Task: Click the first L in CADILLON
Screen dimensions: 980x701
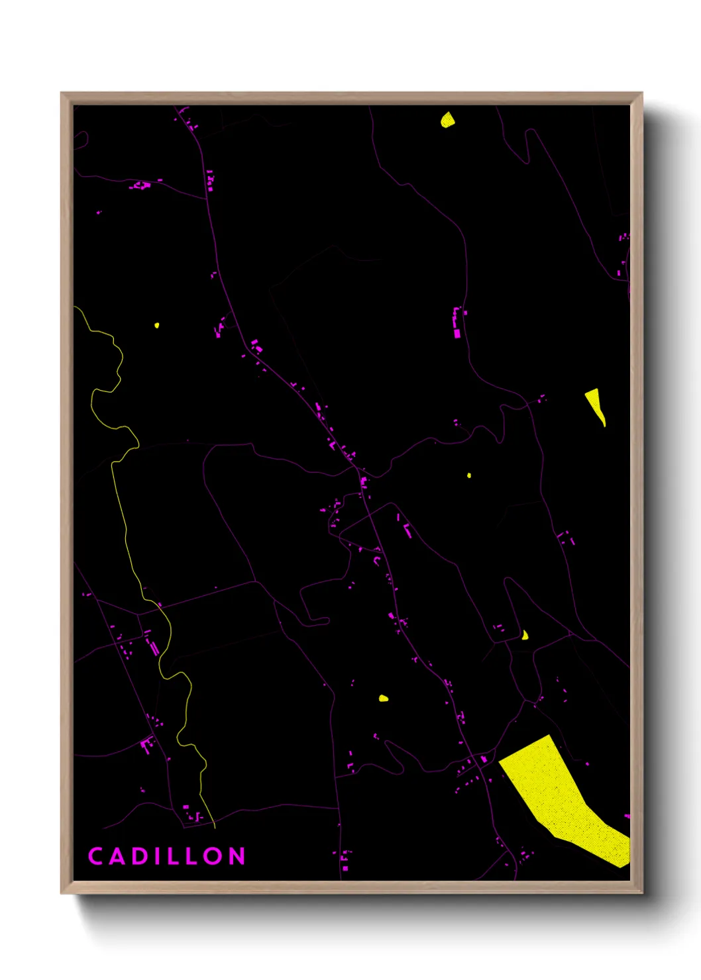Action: pos(173,856)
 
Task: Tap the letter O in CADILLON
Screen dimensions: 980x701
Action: pos(214,856)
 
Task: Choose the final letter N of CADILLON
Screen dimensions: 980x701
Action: pos(237,856)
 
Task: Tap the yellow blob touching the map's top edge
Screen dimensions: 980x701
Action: pos(448,120)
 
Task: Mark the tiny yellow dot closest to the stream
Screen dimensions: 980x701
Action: pos(156,325)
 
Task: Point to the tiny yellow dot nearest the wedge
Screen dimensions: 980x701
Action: pos(469,475)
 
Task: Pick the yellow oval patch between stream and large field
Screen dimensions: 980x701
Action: pos(384,698)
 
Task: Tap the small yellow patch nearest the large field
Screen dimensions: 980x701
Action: pos(525,636)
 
